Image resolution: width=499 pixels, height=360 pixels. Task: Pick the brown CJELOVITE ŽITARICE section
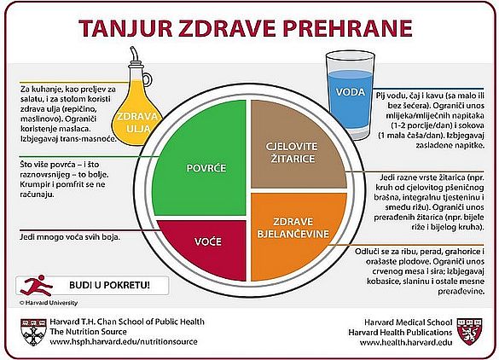[x=299, y=144]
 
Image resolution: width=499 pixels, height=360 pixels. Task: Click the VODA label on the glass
[x=350, y=92]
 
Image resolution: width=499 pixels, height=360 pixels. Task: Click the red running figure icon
[x=36, y=285]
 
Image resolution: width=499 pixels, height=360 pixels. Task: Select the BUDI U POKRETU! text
[x=109, y=285]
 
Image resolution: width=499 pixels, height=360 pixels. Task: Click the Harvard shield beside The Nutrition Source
[x=33, y=332]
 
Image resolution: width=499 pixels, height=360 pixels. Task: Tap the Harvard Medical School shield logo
[x=470, y=331]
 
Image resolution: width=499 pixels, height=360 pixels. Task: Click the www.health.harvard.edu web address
[x=406, y=342]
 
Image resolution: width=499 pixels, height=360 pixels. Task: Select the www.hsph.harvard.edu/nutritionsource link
[x=124, y=342]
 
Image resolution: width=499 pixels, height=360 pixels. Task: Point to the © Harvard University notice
[x=49, y=303]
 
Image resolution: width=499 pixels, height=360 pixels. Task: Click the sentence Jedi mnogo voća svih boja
[x=70, y=237]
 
